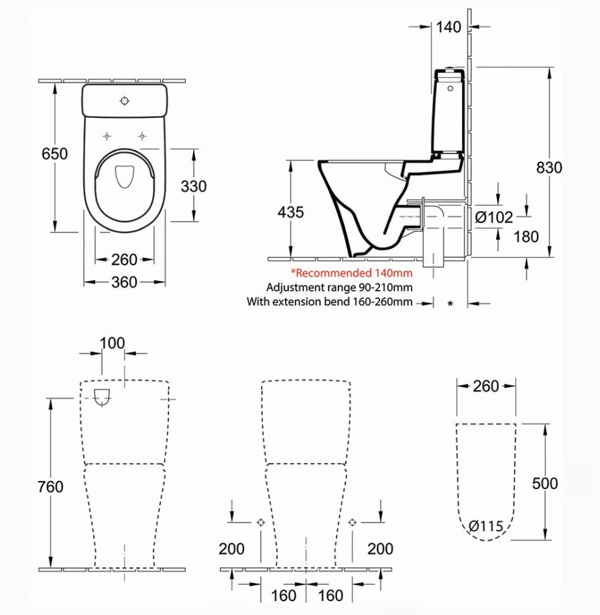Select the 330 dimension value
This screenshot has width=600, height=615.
[x=194, y=186]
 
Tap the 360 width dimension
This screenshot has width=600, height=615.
[x=124, y=282]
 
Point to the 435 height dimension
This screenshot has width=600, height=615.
[x=290, y=212]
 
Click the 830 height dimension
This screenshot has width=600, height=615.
[x=549, y=167]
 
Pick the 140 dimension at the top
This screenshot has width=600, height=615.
[x=448, y=27]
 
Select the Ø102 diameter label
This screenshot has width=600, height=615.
[x=494, y=216]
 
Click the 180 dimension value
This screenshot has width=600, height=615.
[x=526, y=236]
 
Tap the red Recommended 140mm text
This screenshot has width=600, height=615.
[x=352, y=273]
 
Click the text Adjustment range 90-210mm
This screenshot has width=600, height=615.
[x=339, y=287]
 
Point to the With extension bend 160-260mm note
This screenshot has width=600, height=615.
[x=329, y=302]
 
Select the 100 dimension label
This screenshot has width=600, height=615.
[x=112, y=343]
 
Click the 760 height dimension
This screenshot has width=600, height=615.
[x=51, y=486]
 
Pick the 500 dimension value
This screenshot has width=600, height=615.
[x=544, y=483]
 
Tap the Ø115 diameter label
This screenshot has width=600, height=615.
[x=486, y=526]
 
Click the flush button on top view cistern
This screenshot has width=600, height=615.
[x=124, y=100]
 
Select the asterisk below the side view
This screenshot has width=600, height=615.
[x=450, y=304]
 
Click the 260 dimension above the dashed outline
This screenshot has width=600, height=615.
[x=486, y=386]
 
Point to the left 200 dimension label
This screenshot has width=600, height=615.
[x=231, y=549]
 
